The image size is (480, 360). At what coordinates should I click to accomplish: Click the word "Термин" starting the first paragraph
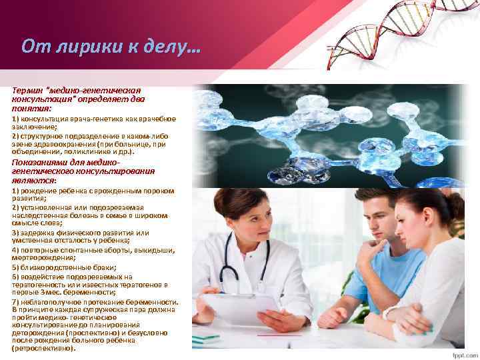27,90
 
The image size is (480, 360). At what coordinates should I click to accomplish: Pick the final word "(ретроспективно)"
44,347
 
